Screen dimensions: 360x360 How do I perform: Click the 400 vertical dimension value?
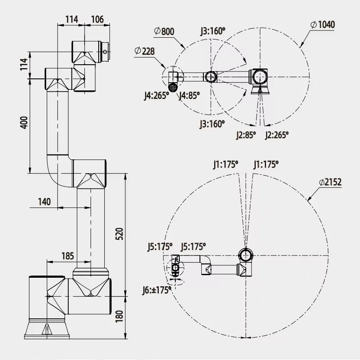pyautogui.click(x=24, y=123)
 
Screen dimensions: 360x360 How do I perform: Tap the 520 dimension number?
pyautogui.click(x=119, y=234)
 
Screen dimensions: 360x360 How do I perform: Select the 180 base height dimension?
pyautogui.click(x=119, y=316)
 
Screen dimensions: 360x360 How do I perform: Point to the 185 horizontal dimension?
pyautogui.click(x=68, y=256)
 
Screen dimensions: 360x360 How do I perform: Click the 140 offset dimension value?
pyautogui.click(x=44, y=202)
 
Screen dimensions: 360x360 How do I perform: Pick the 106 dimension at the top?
pyautogui.click(x=97, y=20)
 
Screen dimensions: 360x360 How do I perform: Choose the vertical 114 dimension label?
pyautogui.click(x=24, y=64)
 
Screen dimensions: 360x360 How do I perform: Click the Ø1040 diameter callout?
pyautogui.click(x=323, y=24)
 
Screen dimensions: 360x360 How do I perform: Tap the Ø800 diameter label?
pyautogui.click(x=164, y=31)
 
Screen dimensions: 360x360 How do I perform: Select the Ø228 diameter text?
pyautogui.click(x=144, y=51)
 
